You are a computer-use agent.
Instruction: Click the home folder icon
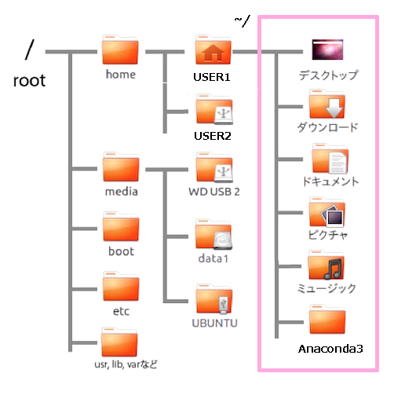point(120,51)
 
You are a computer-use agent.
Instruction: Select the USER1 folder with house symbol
point(213,51)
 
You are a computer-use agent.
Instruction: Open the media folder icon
point(120,169)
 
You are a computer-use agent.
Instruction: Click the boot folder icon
point(120,228)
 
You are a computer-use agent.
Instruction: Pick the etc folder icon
point(120,287)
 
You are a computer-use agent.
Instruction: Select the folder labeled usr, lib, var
point(120,344)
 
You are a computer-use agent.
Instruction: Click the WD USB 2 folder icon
point(213,169)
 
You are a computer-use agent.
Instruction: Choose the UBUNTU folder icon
point(213,300)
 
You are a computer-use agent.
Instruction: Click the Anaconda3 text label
point(330,348)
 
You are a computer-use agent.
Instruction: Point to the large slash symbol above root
point(30,49)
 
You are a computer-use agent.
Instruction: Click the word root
point(30,80)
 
